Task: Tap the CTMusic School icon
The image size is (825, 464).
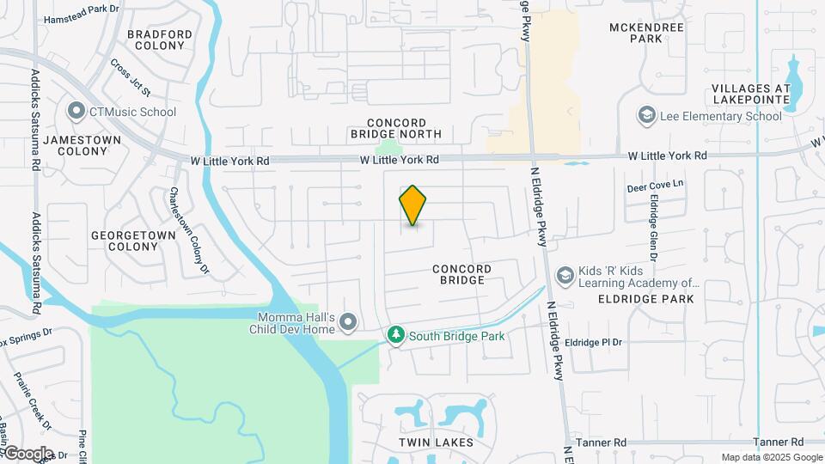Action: [76, 112]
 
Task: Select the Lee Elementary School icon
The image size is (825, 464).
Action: [646, 115]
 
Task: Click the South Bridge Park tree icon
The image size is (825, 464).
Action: [395, 336]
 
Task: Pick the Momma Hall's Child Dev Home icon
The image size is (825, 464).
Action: [348, 322]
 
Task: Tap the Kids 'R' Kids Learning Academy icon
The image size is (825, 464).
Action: [565, 275]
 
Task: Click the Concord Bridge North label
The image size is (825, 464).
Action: [396, 128]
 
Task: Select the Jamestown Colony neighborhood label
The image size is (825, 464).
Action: [76, 144]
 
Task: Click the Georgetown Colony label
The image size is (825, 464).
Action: [125, 240]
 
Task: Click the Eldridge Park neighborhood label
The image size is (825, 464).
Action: [645, 299]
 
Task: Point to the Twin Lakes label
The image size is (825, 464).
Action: [436, 443]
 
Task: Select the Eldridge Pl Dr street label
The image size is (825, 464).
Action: [593, 342]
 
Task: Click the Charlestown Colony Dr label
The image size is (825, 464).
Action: [189, 231]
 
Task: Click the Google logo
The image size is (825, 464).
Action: [27, 453]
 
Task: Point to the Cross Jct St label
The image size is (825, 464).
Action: [131, 77]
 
